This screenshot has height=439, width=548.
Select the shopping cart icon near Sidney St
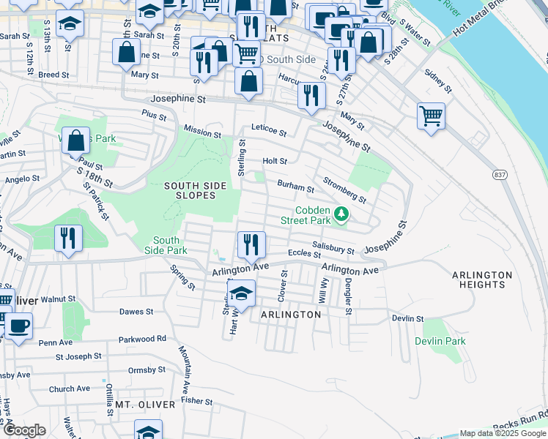[x=431, y=116]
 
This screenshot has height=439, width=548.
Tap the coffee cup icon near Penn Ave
[x=18, y=326]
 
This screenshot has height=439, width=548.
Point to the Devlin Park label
[x=440, y=341]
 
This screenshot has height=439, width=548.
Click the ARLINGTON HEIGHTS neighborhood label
[x=481, y=280]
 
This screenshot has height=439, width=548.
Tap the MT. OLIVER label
[x=145, y=405]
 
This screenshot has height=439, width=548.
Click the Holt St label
[x=275, y=161]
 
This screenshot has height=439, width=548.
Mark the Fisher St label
[x=197, y=401]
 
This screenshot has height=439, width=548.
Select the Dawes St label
[x=136, y=311]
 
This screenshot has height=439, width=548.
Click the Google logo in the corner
[x=25, y=430]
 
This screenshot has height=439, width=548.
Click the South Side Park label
[x=166, y=245]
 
